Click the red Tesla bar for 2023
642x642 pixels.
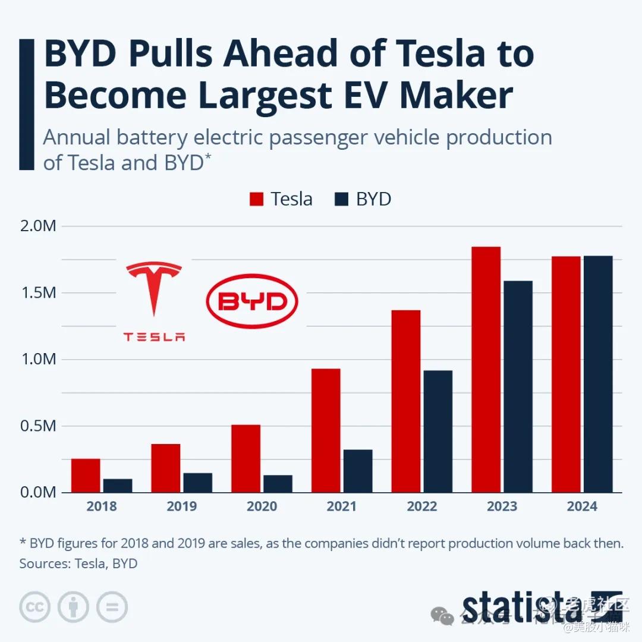[486, 369]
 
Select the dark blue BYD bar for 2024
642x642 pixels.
[598, 374]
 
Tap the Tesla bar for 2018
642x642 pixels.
[86, 475]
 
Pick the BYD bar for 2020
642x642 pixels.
[278, 483]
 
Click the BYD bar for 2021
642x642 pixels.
[358, 471]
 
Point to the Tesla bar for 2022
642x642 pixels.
[405, 401]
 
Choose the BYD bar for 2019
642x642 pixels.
[197, 482]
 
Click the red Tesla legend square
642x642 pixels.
[256, 199]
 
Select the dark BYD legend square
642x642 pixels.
[341, 199]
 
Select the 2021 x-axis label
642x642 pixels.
[342, 506]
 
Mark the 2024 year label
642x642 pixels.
[582, 506]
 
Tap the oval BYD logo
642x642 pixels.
[252, 302]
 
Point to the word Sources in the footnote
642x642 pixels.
[43, 563]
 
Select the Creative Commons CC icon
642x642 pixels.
[34, 607]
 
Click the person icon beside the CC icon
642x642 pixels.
[73, 607]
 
